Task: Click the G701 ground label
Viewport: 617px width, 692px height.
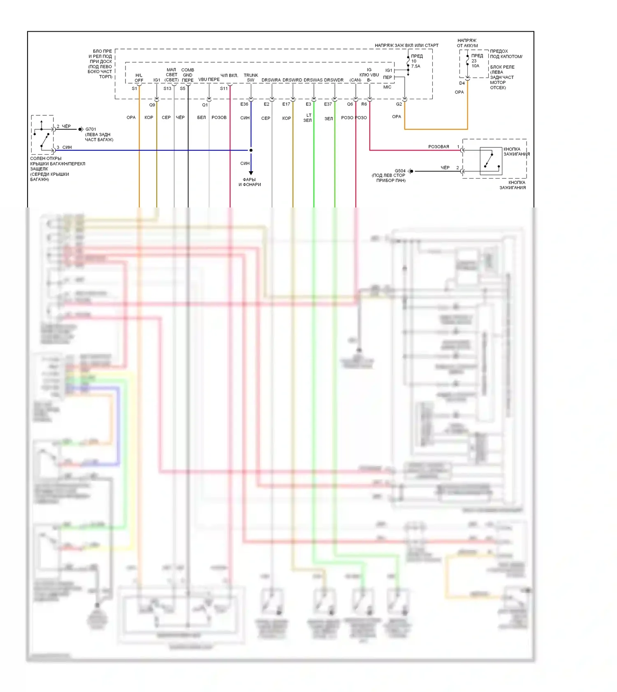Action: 90,129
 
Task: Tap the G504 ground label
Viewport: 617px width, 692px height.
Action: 400,170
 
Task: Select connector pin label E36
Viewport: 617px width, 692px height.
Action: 244,104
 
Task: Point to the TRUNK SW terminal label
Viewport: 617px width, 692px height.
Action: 251,78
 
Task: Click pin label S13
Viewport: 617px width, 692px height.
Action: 167,89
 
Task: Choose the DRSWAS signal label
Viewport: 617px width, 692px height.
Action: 313,80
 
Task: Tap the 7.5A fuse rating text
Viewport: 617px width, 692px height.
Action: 415,66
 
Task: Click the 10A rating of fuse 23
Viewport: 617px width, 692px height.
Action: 475,66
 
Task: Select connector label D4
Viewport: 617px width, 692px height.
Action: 462,83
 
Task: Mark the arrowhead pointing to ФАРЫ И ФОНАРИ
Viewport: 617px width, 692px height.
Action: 251,173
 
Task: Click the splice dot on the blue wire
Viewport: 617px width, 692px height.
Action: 251,150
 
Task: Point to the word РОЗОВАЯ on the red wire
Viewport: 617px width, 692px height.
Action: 438,147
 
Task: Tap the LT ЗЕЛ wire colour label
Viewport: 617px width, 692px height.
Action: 308,118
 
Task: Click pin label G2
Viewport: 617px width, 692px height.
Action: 399,104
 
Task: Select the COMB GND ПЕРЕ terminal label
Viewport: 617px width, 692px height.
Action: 188,75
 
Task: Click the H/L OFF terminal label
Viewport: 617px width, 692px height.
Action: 139,78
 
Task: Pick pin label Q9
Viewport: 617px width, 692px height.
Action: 152,105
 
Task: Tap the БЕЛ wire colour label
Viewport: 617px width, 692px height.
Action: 201,117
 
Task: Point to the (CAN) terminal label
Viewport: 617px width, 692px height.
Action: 355,80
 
